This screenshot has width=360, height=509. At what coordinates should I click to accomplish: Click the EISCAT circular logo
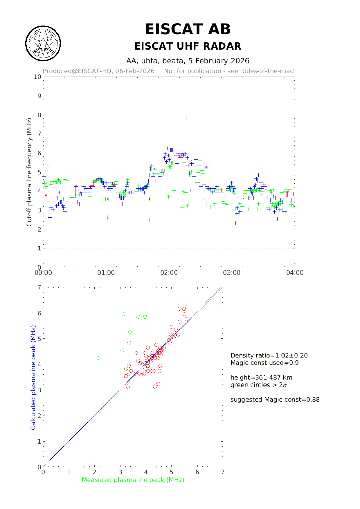(x=43, y=44)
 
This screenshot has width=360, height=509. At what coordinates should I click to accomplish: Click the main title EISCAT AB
(x=188, y=29)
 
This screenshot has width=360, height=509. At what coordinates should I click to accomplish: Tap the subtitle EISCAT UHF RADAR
(x=188, y=46)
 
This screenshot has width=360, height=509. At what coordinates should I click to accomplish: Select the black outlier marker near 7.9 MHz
(x=186, y=117)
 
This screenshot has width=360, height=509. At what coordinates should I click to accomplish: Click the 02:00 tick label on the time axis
(x=169, y=273)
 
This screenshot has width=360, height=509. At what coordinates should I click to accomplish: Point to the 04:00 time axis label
(x=295, y=273)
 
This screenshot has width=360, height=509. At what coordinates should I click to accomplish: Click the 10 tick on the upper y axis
(x=37, y=77)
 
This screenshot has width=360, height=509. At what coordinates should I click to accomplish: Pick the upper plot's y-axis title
(x=29, y=172)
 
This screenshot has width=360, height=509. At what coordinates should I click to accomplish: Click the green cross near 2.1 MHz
(x=114, y=227)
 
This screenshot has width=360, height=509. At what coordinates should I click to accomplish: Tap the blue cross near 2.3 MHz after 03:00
(x=235, y=223)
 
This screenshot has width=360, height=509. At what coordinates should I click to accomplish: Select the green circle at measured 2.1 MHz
(x=98, y=358)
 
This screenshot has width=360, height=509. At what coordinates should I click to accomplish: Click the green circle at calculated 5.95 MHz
(x=123, y=314)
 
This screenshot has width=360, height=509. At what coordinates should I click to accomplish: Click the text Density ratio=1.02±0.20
(x=269, y=355)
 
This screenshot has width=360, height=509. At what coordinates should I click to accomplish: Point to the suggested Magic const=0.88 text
(x=275, y=400)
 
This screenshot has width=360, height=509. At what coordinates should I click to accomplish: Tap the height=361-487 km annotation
(x=261, y=378)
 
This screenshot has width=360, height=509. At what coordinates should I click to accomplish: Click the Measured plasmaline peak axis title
(x=133, y=480)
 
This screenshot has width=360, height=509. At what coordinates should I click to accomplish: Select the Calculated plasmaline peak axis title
(x=33, y=377)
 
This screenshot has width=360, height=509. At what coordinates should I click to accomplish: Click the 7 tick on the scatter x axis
(x=223, y=472)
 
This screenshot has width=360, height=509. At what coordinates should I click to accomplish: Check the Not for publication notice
(x=229, y=71)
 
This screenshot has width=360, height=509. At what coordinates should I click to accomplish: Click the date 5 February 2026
(x=219, y=61)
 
